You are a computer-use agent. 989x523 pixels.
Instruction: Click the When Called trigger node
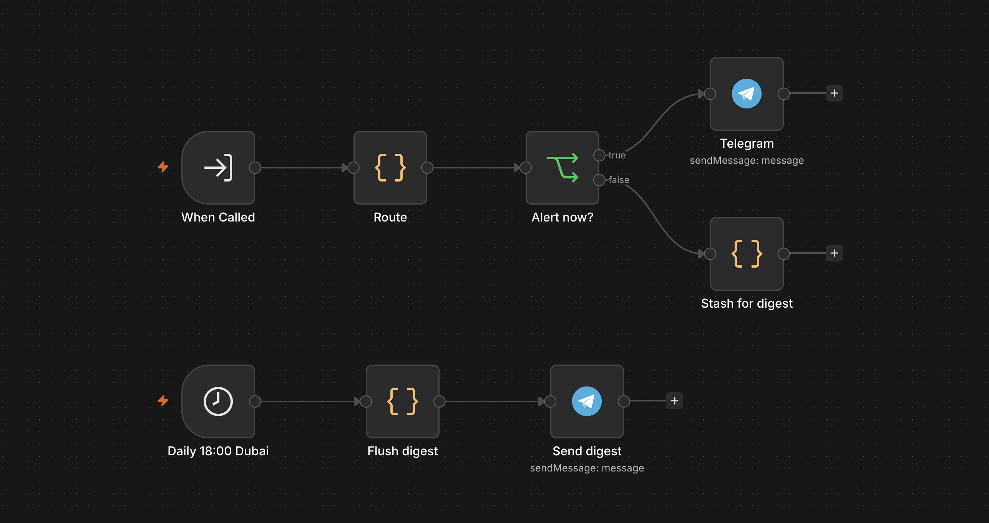[218, 168]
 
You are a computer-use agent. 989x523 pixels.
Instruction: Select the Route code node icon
[390, 168]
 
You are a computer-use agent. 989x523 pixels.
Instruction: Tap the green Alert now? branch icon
[563, 168]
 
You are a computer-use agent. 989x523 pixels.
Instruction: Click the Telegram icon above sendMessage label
[747, 94]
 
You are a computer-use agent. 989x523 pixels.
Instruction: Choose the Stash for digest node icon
[747, 254]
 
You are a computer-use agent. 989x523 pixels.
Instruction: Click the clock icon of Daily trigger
[218, 401]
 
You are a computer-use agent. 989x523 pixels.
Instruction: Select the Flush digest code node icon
[403, 401]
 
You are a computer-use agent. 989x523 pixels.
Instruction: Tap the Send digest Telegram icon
[587, 401]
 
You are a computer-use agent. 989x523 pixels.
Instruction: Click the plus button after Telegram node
[835, 93]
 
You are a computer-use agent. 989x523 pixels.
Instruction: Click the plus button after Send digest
[675, 401]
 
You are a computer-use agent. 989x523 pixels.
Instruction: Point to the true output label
[617, 155]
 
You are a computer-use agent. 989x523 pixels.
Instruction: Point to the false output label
[619, 180]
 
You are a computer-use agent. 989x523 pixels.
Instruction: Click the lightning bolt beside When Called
[163, 167]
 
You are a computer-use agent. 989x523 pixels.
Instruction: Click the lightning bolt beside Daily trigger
[163, 401]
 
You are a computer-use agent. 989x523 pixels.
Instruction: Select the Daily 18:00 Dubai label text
[218, 451]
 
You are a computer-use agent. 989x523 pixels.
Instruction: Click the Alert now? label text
[563, 217]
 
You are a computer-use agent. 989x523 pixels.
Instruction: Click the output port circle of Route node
[427, 168]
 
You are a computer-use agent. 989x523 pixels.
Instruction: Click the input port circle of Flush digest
[366, 401]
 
